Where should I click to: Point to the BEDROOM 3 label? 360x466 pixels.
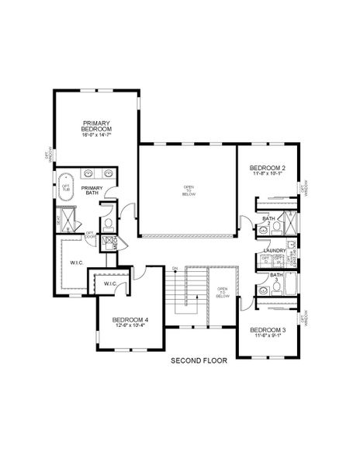pos(267,329)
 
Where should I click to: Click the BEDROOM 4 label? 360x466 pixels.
pos(129,319)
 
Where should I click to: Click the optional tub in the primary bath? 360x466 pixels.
pos(67,188)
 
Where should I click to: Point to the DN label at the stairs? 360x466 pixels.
pos(175,268)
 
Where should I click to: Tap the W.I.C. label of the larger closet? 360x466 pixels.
pos(77,262)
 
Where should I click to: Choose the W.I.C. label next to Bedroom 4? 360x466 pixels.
pos(109,285)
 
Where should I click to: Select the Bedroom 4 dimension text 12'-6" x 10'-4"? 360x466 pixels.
pos(129,325)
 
